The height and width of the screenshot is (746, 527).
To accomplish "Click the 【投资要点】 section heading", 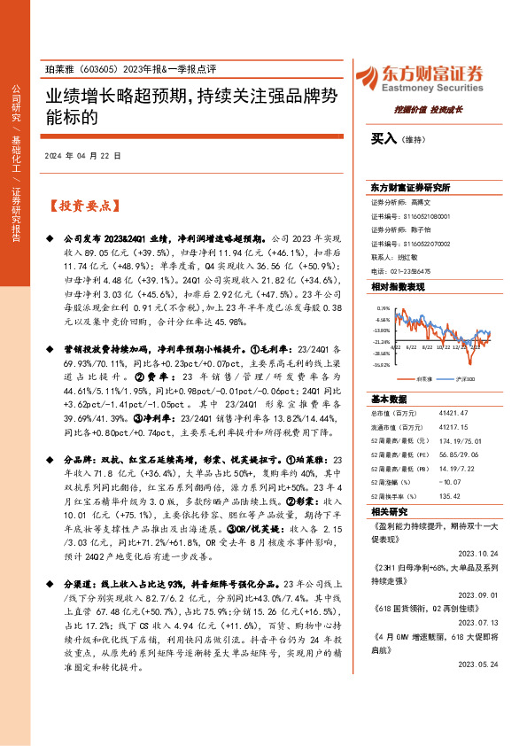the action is click(82, 206).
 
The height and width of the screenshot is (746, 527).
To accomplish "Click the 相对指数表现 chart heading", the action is click(398, 288).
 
